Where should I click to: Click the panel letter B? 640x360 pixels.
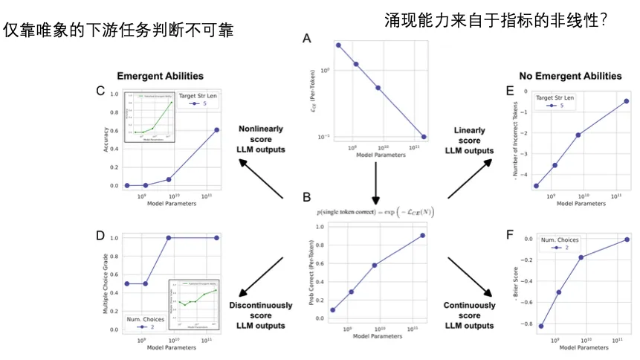coord(306,198)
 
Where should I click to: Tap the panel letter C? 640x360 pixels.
coord(100,91)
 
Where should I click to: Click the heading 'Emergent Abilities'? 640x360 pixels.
coord(160,76)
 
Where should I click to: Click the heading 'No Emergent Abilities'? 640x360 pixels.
coord(570,76)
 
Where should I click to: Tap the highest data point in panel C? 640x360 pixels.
coord(217,129)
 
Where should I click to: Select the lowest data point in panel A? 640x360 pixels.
coord(423,137)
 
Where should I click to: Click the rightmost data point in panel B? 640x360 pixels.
coord(422,236)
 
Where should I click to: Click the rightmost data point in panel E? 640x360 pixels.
coord(627,101)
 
